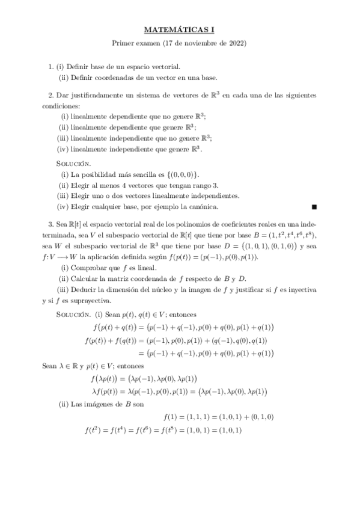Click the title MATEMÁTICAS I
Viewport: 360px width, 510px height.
click(x=180, y=28)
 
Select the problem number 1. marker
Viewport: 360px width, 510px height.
click(x=51, y=66)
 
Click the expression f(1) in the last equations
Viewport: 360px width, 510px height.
click(x=171, y=416)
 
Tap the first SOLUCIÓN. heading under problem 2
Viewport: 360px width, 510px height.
click(x=74, y=164)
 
